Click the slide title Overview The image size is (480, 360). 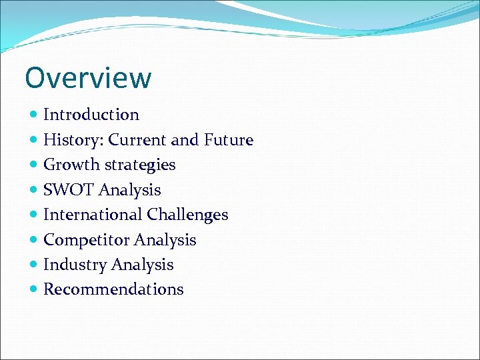[88, 77]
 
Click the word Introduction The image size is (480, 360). [91, 115]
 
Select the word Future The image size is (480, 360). [229, 140]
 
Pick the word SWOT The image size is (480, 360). [69, 190]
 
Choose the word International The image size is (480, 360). [93, 215]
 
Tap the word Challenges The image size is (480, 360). [187, 215]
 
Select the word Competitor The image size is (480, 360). [86, 240]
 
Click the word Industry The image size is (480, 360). [75, 265]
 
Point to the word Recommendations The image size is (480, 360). [113, 289]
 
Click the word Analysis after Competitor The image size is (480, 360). [165, 240]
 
